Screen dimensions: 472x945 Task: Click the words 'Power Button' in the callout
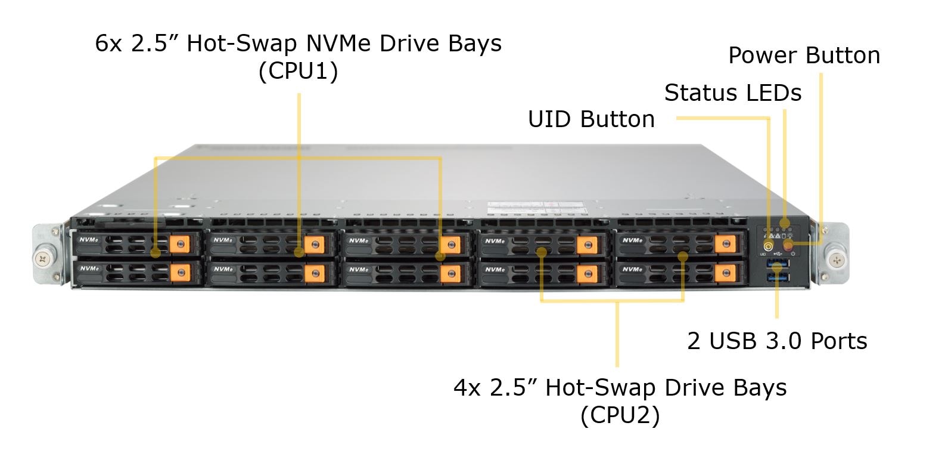click(804, 55)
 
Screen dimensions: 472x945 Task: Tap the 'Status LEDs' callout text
click(732, 93)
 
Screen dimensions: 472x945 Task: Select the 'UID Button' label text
click(591, 119)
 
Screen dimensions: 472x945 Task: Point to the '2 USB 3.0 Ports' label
click(777, 341)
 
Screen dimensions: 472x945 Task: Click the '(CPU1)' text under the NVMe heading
click(298, 71)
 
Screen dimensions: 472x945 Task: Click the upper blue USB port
click(778, 264)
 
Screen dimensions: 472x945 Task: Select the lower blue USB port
click(778, 277)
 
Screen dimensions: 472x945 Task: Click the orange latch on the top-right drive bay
click(725, 243)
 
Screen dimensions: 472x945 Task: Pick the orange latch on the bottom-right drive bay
click(725, 273)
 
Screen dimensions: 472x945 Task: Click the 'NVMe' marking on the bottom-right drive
click(632, 270)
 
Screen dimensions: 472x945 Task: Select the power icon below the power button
click(794, 255)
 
